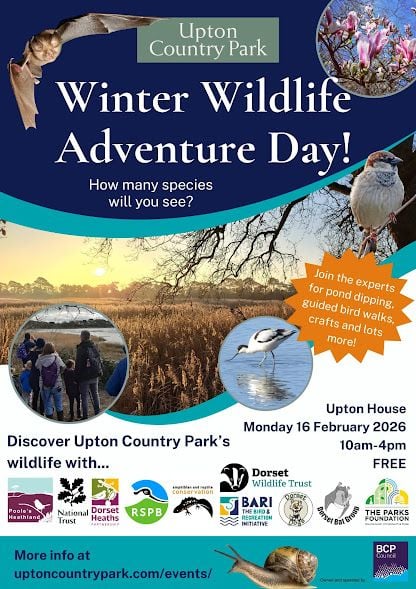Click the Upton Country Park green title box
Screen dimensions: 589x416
(208, 39)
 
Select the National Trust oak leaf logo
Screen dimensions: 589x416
(71, 501)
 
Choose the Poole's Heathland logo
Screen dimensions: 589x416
(29, 502)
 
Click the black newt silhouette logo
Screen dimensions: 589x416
(192, 506)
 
